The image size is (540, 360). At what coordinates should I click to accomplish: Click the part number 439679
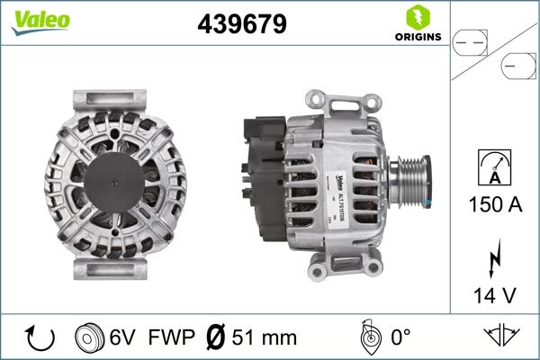point(242,24)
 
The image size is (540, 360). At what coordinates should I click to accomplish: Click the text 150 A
point(495,205)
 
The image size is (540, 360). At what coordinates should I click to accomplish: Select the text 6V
point(122,338)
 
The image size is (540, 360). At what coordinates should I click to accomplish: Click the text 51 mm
point(263,338)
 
